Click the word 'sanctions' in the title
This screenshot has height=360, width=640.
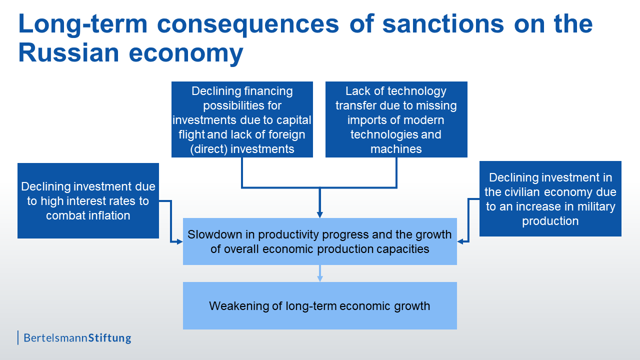(443, 24)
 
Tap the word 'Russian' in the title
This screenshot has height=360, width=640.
(68, 53)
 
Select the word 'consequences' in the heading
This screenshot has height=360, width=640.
(248, 25)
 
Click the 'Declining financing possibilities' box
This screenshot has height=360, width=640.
(242, 119)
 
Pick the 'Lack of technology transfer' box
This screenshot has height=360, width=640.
(396, 119)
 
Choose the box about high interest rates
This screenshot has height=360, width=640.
(88, 200)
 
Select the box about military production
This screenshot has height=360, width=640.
(550, 198)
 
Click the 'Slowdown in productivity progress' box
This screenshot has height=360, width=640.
(319, 241)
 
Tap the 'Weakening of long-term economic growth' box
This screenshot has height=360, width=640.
(319, 305)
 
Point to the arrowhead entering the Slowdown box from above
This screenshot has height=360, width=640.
(319, 215)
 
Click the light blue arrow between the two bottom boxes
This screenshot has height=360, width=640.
(319, 273)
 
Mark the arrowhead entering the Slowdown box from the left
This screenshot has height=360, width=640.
(179, 241)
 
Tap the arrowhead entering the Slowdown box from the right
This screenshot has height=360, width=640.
(460, 241)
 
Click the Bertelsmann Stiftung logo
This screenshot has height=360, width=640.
(74, 337)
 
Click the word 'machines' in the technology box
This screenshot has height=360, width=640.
(396, 149)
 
